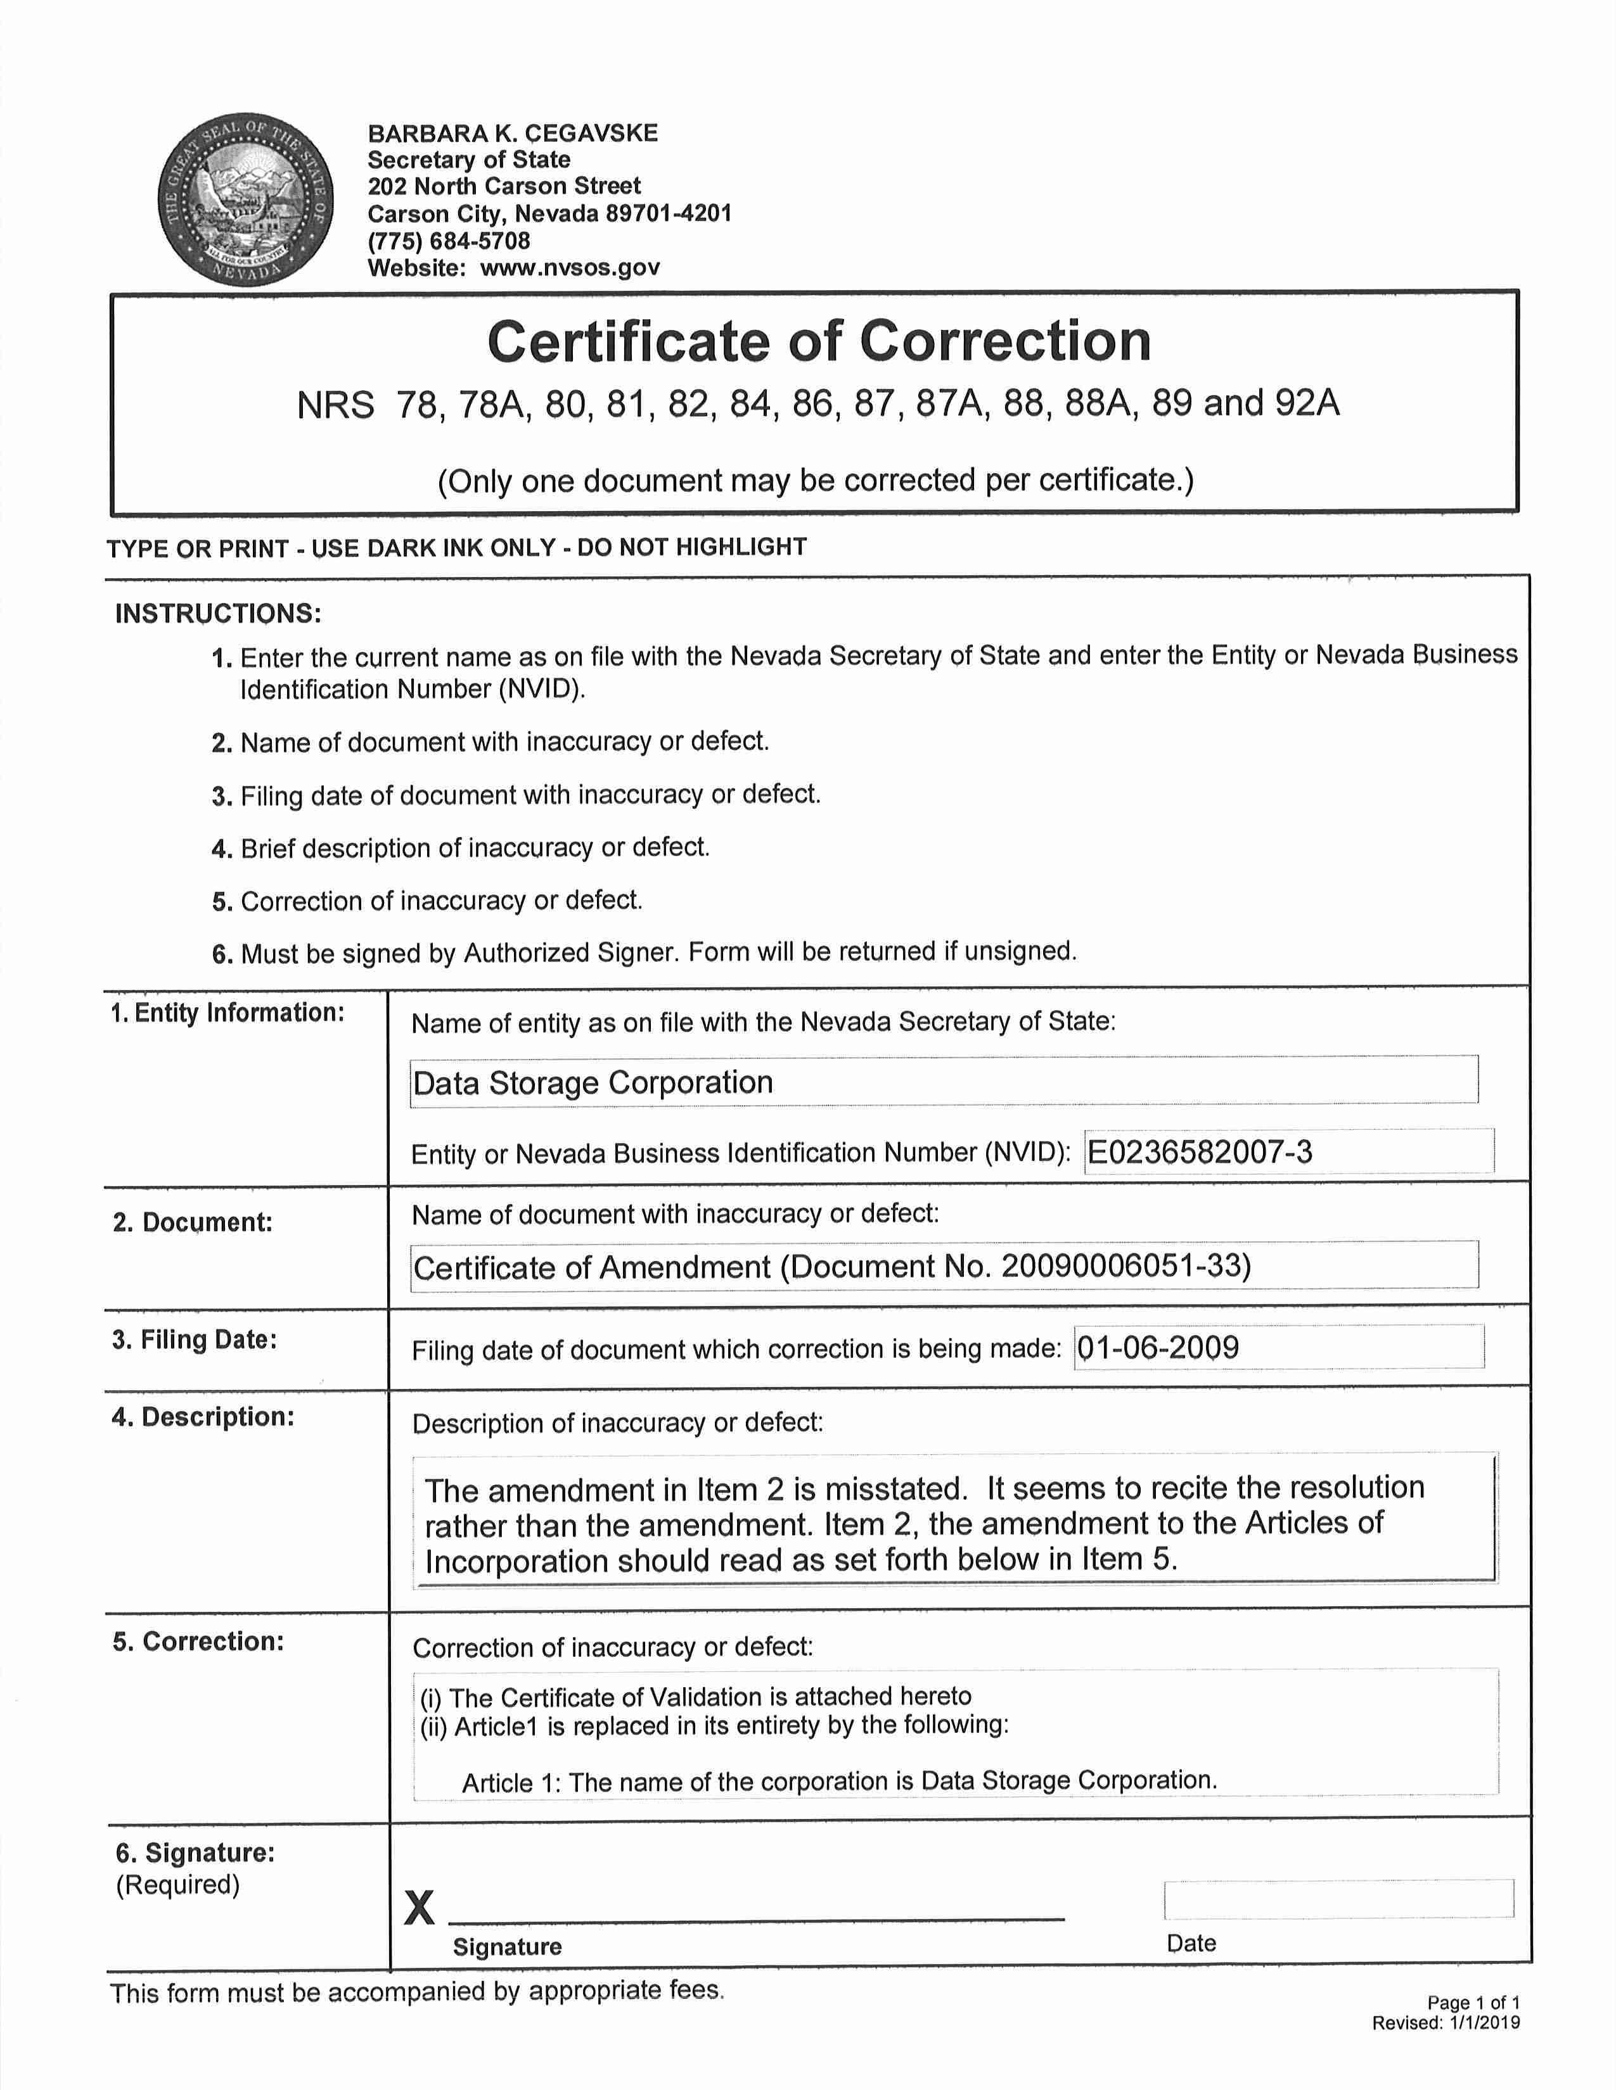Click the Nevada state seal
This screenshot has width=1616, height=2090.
245,198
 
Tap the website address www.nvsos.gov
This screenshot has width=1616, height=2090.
570,268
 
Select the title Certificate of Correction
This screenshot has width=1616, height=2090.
819,341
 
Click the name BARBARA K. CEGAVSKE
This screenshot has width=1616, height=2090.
513,133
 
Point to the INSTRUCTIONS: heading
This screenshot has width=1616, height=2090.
218,614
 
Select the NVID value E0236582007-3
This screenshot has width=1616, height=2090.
1200,1151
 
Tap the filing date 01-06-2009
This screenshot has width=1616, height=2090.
1158,1347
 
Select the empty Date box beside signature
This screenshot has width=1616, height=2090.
1338,1899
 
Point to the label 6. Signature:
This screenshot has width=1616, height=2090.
195,1852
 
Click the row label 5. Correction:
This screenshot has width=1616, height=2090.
198,1641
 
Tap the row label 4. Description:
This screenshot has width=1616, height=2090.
203,1416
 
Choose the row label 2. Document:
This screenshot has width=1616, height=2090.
193,1222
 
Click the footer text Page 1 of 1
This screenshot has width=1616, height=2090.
1472,2003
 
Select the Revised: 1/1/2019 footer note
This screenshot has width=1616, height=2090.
1446,2022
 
